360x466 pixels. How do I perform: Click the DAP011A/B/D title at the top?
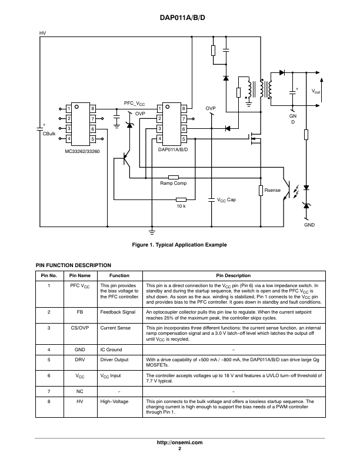click(x=179, y=18)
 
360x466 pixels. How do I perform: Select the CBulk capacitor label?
click(x=49, y=134)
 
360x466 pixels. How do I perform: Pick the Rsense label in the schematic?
click(x=272, y=191)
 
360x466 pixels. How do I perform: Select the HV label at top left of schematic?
click(x=42, y=34)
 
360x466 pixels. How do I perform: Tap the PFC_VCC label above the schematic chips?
click(x=135, y=103)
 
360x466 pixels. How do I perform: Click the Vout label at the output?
click(x=316, y=91)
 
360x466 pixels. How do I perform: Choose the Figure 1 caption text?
click(x=179, y=244)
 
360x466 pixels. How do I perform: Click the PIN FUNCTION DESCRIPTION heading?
click(x=74, y=265)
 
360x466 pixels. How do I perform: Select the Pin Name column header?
click(x=80, y=275)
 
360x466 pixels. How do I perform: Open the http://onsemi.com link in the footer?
click(x=179, y=442)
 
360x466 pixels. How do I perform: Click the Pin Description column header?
click(x=234, y=275)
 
